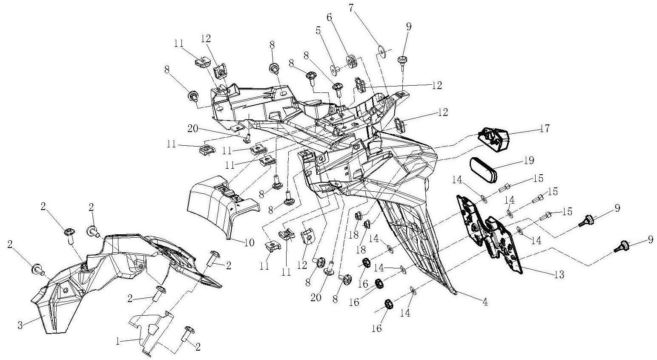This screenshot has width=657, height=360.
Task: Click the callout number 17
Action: (545, 129)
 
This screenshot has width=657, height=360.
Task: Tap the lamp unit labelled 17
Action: (494, 140)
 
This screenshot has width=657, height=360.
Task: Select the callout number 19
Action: (529, 161)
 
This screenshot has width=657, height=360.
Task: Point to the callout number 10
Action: (250, 243)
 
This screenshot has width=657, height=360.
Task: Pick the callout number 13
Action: (559, 274)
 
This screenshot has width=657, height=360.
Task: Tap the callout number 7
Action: (352, 9)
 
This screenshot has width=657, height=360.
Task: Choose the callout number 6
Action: (330, 17)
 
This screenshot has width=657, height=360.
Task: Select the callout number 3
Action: (20, 325)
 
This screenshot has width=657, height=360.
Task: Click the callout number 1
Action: (118, 342)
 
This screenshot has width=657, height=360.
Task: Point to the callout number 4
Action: (485, 302)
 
